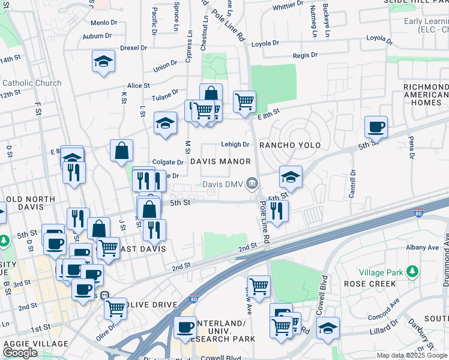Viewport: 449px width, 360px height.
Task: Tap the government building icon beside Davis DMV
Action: point(253,182)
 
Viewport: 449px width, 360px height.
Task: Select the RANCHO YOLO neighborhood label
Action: point(290,145)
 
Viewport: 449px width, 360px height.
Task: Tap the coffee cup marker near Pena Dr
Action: point(376,127)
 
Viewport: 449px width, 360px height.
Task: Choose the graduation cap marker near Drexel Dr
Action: point(103,61)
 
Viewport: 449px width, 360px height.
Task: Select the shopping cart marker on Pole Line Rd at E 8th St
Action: point(244,102)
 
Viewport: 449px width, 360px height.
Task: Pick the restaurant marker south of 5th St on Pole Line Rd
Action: point(277,211)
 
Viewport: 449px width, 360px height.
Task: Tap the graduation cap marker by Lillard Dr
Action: point(328,328)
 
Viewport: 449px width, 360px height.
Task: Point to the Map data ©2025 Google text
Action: point(416,355)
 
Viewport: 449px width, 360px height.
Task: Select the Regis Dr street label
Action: point(305,55)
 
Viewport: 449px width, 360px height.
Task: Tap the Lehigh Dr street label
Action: point(235,145)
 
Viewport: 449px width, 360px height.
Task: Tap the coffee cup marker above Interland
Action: point(185,328)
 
